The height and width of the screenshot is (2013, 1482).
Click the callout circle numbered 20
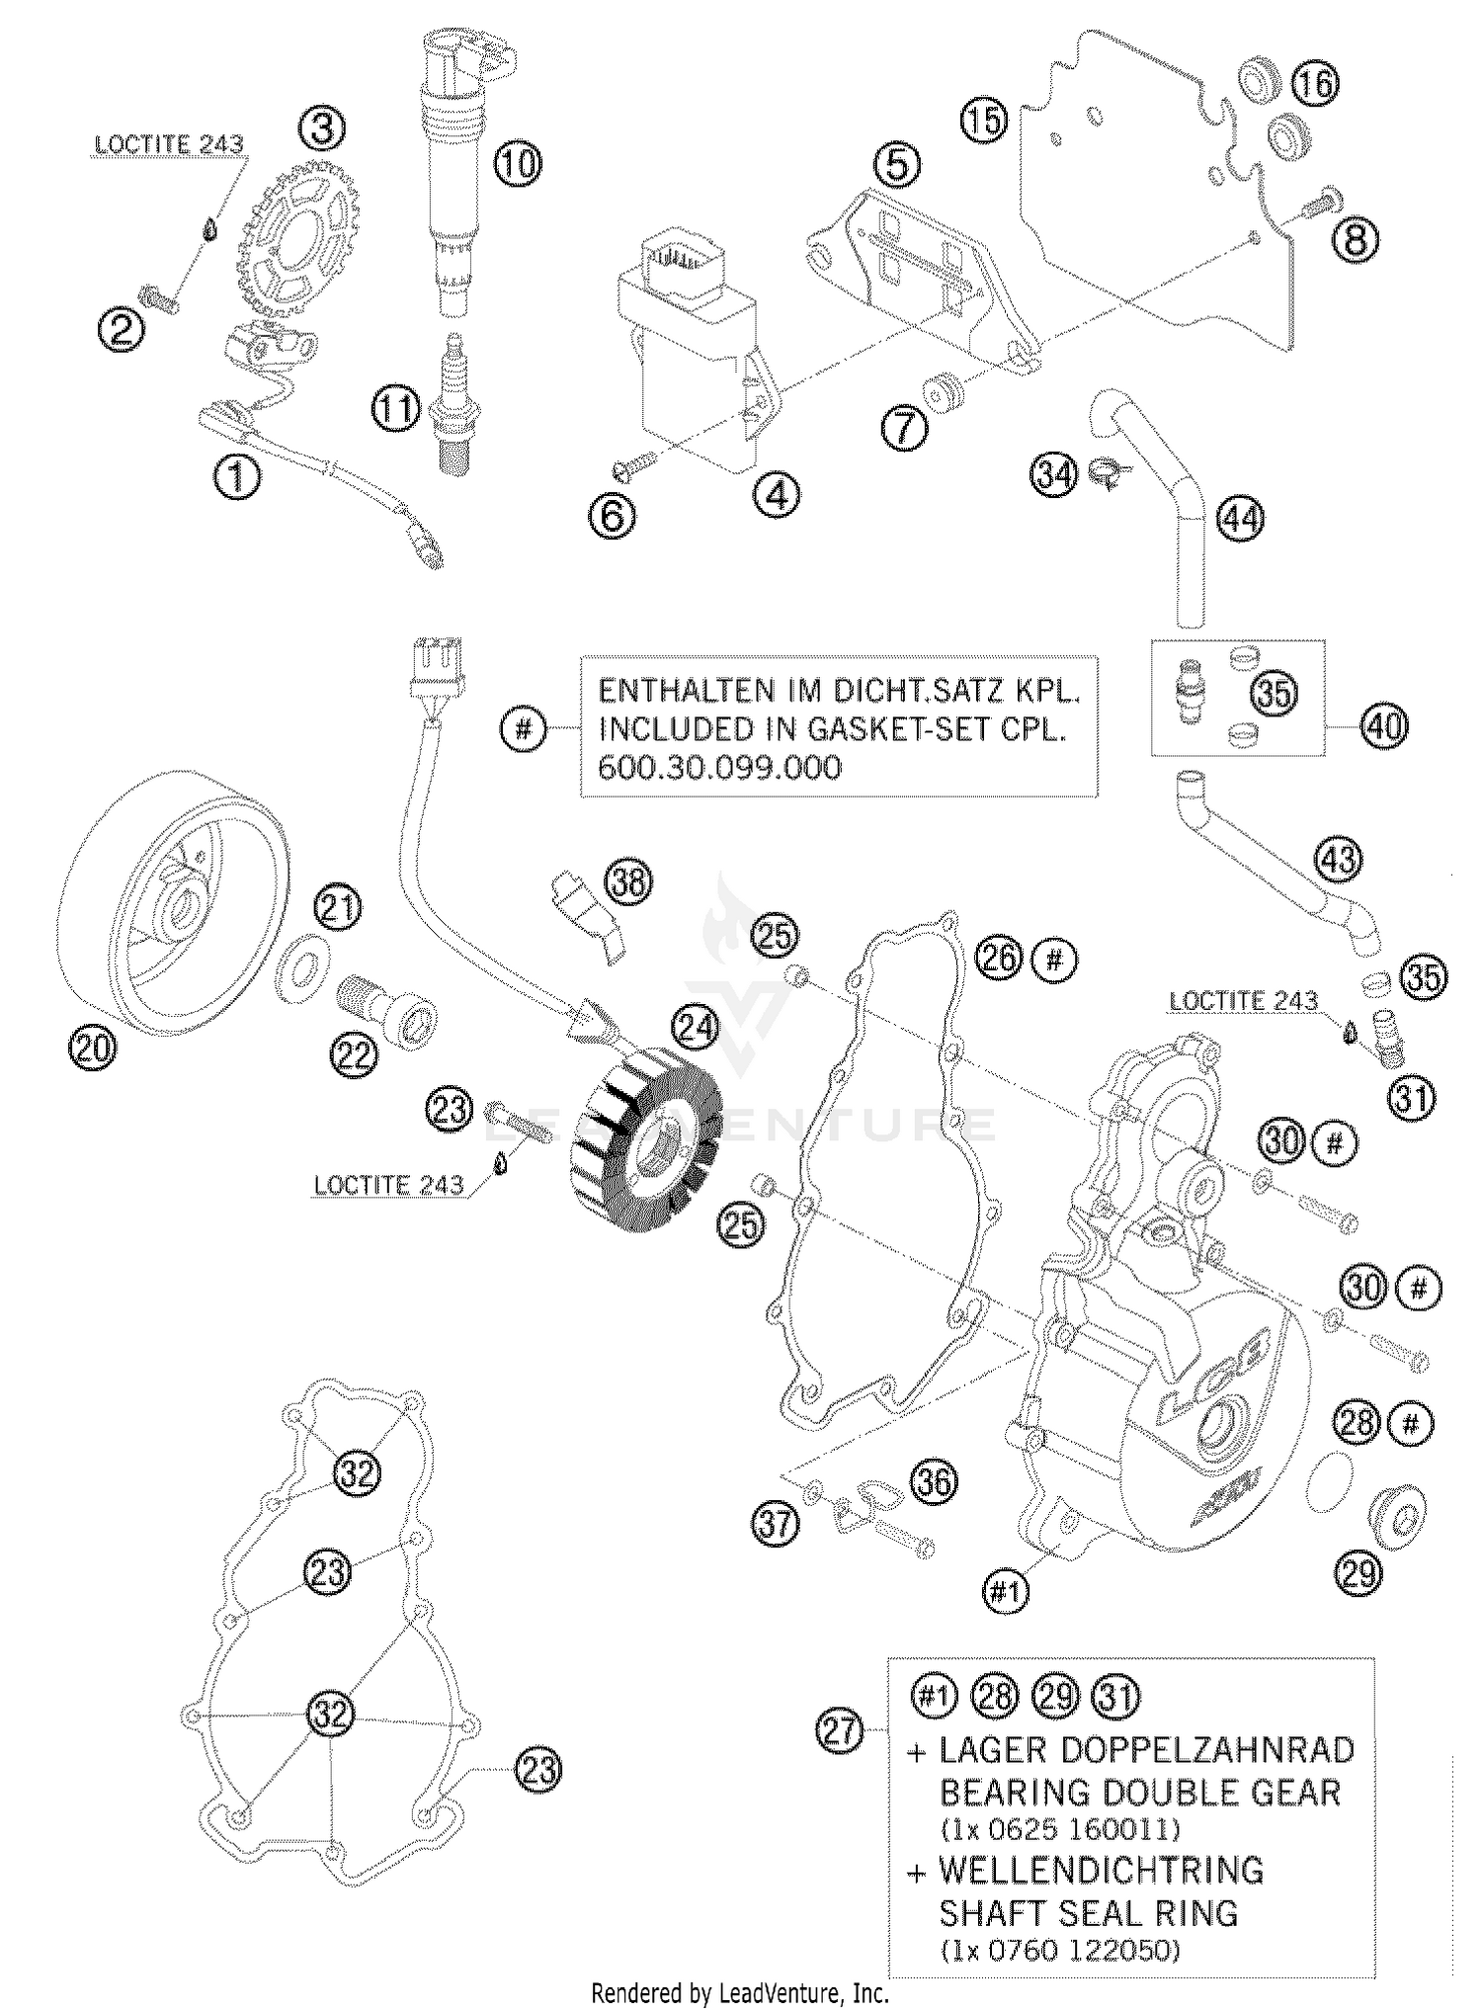pyautogui.click(x=92, y=1048)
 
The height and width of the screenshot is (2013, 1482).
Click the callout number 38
pyautogui.click(x=629, y=881)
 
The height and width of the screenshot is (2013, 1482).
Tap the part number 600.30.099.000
pyautogui.click(x=720, y=767)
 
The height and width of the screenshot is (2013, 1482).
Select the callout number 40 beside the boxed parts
pyautogui.click(x=1382, y=726)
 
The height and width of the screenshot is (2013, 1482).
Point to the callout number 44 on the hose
pyautogui.click(x=1240, y=518)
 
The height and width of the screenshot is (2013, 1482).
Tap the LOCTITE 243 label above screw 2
pyautogui.click(x=168, y=144)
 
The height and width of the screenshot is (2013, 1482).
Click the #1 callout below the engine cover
pyautogui.click(x=1005, y=1590)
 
